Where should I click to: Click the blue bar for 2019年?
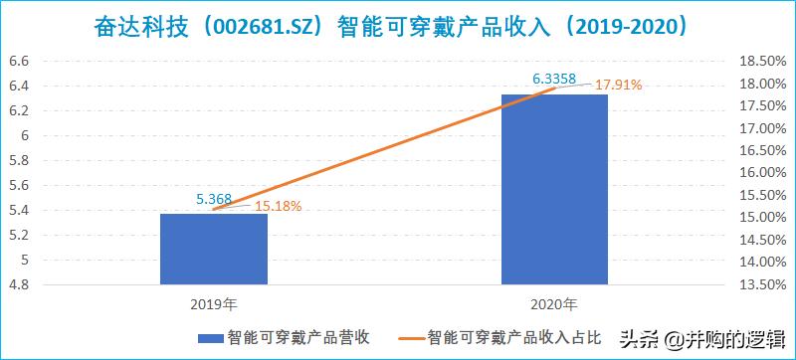214,249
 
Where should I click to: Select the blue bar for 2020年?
554,189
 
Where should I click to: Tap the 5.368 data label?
214,199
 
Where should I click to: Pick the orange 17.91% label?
618,86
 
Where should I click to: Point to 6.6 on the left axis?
19,62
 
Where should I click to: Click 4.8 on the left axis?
19,285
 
